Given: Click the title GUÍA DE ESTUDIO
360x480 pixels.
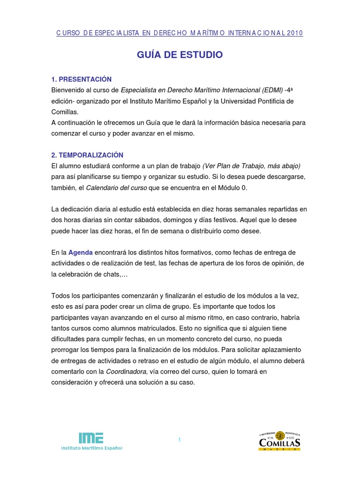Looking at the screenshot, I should pyautogui.click(x=180, y=55).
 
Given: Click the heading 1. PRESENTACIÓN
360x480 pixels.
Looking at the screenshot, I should pyautogui.click(x=82, y=79).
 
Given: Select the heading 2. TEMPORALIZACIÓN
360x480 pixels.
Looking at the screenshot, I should pyautogui.click(x=87, y=155).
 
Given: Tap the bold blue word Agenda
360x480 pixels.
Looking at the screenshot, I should pyautogui.click(x=81, y=252).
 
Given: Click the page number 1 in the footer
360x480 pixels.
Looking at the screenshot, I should pyautogui.click(x=180, y=439).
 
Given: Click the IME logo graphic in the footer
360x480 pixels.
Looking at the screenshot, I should pyautogui.click(x=91, y=437).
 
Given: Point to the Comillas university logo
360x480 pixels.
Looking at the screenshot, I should pyautogui.click(x=279, y=441).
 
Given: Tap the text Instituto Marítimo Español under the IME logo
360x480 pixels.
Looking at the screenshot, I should pyautogui.click(x=92, y=448).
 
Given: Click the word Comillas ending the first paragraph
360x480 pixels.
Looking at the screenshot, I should pyautogui.click(x=65, y=112).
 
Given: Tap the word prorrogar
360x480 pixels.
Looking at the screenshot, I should pyautogui.click(x=69, y=350).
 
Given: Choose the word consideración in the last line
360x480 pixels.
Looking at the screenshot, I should pyautogui.click(x=75, y=382).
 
